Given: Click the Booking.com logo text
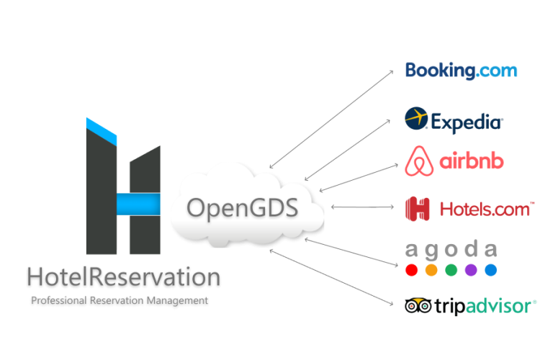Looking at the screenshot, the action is (461, 71).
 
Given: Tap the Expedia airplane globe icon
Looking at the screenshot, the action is (416, 118).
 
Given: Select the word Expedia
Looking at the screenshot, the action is (467, 122).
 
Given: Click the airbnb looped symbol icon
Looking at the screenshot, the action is (419, 161).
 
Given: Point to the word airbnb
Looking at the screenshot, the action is (472, 161).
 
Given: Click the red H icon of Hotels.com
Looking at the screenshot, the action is (418, 209).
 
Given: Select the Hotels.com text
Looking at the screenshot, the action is (487, 209).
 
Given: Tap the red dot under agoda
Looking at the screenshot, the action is (412, 270).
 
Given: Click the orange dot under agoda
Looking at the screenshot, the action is (431, 270).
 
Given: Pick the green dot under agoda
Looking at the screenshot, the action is (451, 270).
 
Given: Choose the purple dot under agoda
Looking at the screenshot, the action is (471, 270).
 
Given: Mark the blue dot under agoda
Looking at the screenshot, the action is (491, 270).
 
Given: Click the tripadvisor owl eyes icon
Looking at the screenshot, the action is (418, 305).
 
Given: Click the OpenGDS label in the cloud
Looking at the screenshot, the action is (242, 209).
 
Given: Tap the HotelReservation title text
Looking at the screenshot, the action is (124, 277).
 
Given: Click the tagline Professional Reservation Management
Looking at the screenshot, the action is (120, 301).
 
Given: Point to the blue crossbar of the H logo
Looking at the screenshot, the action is (138, 204).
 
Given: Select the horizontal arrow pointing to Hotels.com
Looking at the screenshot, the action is (362, 207).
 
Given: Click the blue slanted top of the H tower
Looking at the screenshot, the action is (102, 131).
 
